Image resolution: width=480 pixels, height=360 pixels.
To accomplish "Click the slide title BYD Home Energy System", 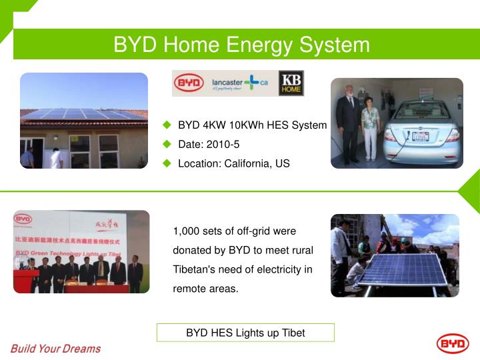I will coord(241,45).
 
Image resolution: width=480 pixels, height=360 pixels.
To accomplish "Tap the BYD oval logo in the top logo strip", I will coord(189,83).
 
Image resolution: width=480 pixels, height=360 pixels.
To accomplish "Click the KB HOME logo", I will coord(291,83).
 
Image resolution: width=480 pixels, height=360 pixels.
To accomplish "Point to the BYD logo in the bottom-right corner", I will coord(453,344).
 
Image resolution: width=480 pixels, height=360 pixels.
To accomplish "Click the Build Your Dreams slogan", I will coord(55,349).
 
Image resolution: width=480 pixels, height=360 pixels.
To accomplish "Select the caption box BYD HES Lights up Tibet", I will coord(245,333).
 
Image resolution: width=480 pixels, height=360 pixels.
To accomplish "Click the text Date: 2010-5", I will coord(209,144).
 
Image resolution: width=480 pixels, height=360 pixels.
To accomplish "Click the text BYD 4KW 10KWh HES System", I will coord(252,125).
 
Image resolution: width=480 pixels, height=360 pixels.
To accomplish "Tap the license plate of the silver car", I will coord(420,137).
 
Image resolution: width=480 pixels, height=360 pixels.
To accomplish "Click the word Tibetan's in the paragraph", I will coord(195,269).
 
